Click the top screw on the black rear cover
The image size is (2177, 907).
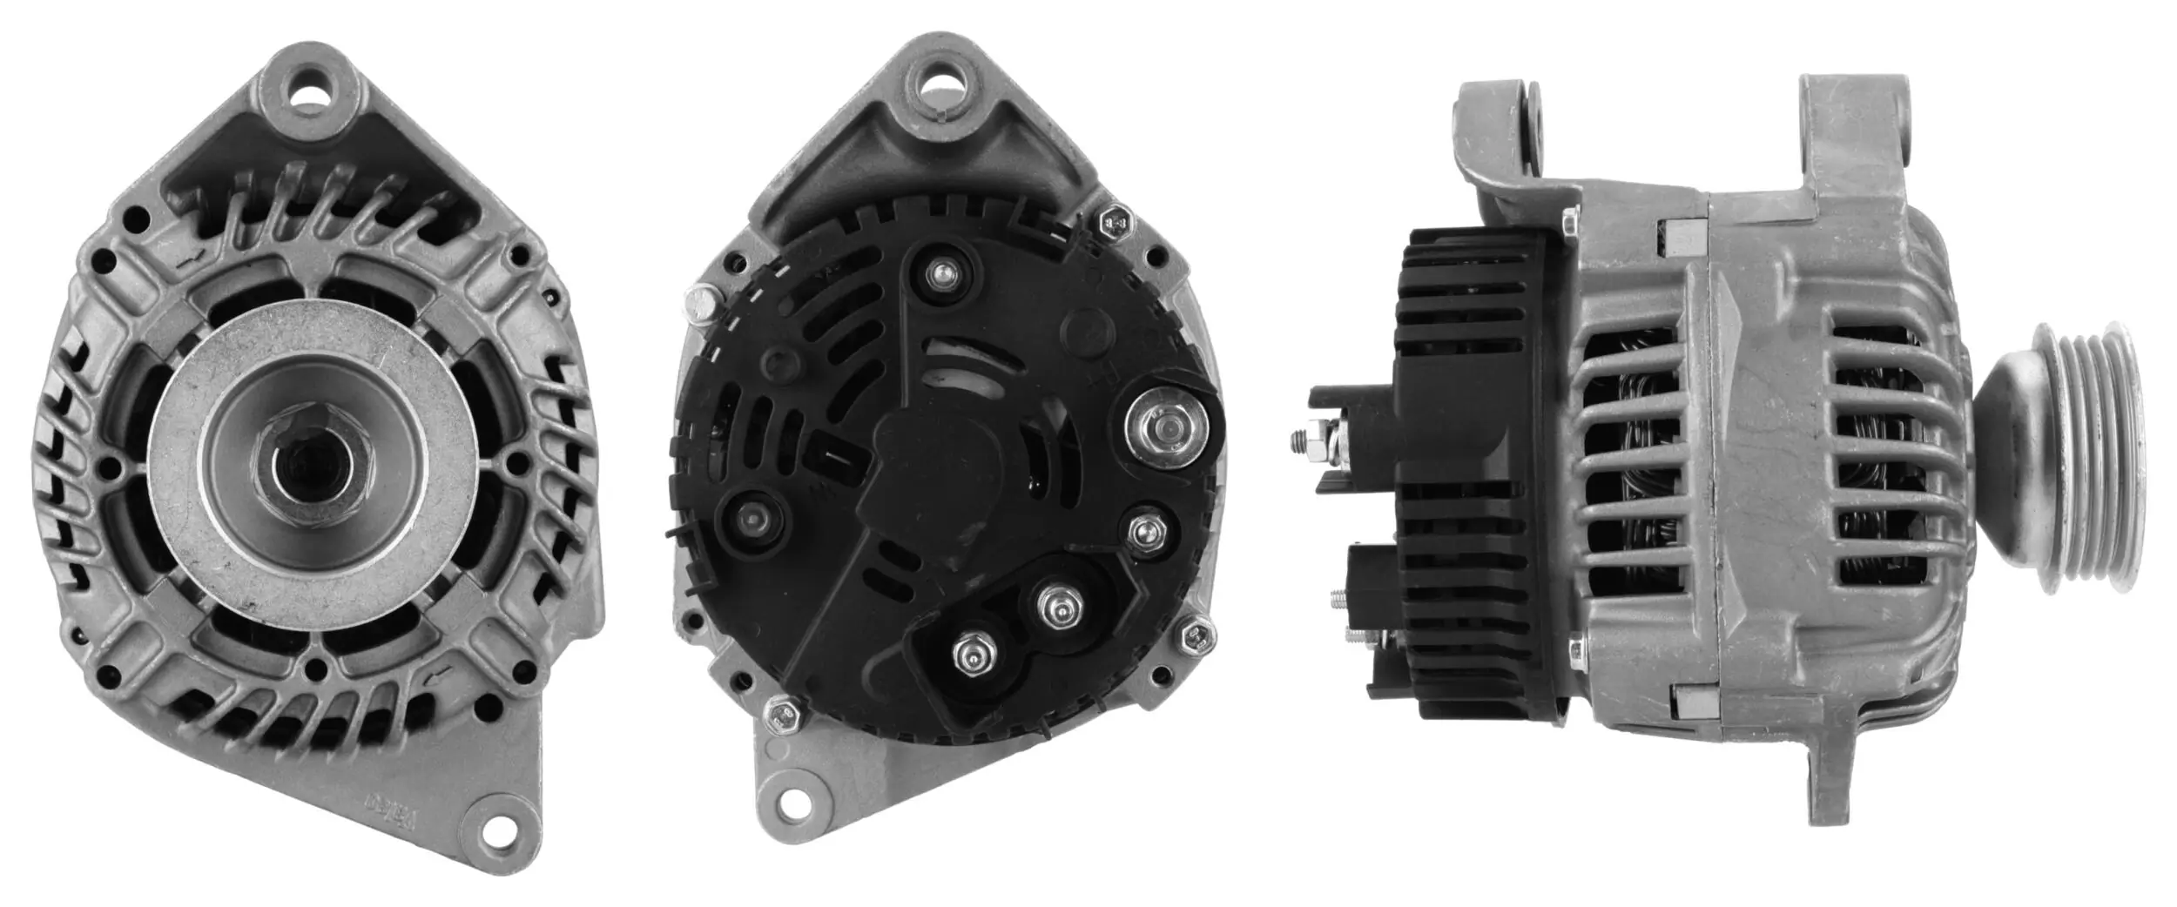(940, 276)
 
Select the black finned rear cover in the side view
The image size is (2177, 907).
(1467, 474)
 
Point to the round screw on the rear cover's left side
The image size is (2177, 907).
(751, 520)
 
